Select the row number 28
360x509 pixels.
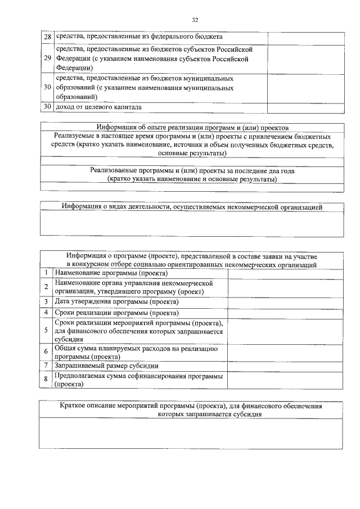point(48,37)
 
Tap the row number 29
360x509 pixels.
point(48,58)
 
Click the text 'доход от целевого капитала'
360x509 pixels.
point(98,106)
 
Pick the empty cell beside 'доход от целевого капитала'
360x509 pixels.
point(305,106)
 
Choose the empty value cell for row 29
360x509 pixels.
point(305,58)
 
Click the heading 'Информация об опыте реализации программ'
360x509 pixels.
point(192,127)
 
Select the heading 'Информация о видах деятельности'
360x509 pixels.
point(192,208)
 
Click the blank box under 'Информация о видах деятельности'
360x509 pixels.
point(192,224)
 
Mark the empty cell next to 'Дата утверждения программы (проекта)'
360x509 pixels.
point(285,301)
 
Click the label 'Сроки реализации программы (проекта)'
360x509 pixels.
point(116,313)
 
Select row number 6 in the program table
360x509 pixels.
point(46,352)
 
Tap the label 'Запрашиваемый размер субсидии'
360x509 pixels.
point(106,366)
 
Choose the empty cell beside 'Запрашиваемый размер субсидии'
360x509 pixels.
point(285,366)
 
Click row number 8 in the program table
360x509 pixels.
point(46,380)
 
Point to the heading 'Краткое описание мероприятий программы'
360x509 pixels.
point(192,405)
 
